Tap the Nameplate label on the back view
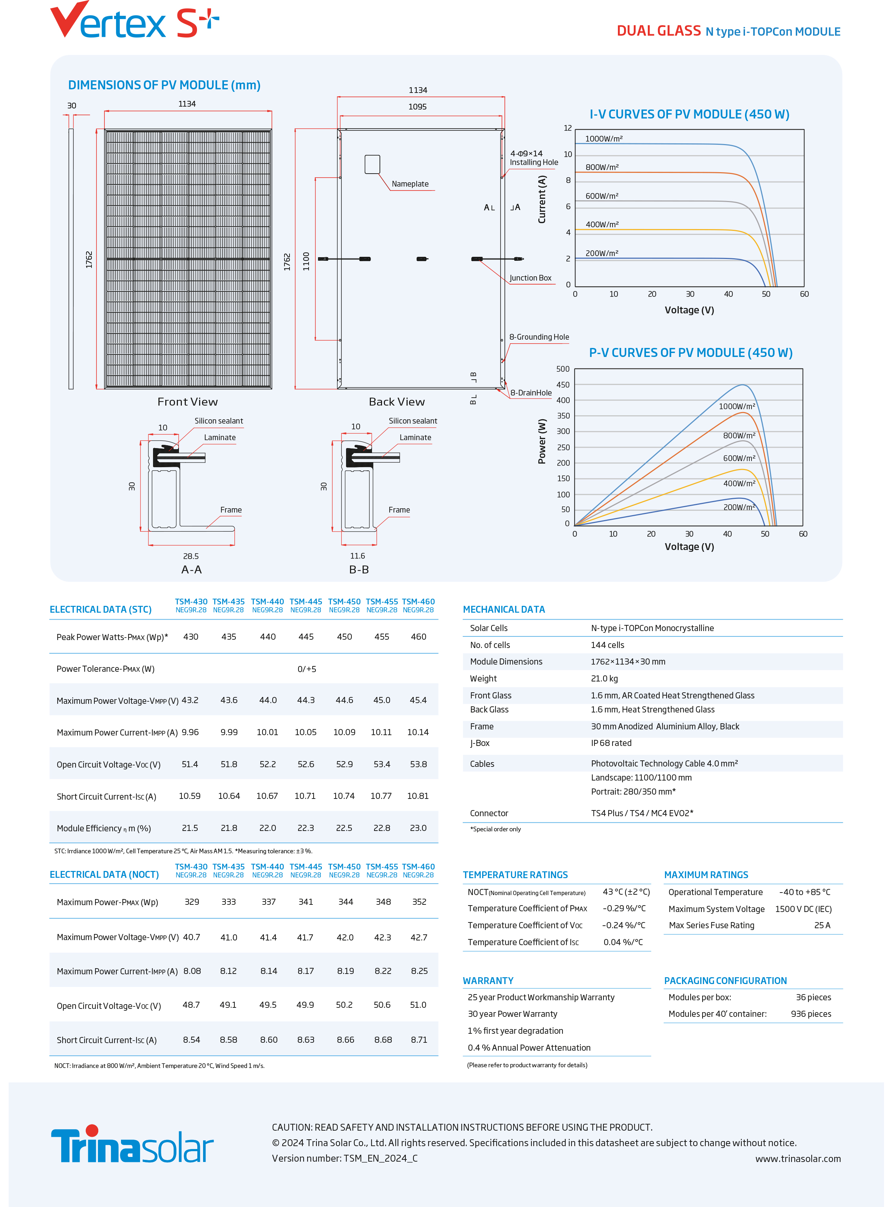(x=410, y=184)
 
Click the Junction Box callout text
(x=530, y=278)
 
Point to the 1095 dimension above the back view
(x=417, y=107)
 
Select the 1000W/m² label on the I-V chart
(x=604, y=138)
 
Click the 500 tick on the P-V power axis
(x=563, y=369)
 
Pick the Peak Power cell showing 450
(x=344, y=636)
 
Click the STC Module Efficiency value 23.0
(x=418, y=828)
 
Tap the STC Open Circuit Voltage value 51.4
(x=190, y=764)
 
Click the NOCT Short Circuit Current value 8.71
(x=419, y=1040)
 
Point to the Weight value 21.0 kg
(x=604, y=678)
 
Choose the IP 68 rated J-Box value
(x=611, y=743)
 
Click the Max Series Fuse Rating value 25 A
(x=822, y=925)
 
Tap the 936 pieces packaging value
(x=811, y=1014)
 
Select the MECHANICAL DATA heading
(x=504, y=609)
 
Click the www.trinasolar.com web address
(x=798, y=1158)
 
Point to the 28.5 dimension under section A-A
(x=191, y=556)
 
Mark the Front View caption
(x=188, y=402)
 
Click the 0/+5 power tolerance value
(x=306, y=669)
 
